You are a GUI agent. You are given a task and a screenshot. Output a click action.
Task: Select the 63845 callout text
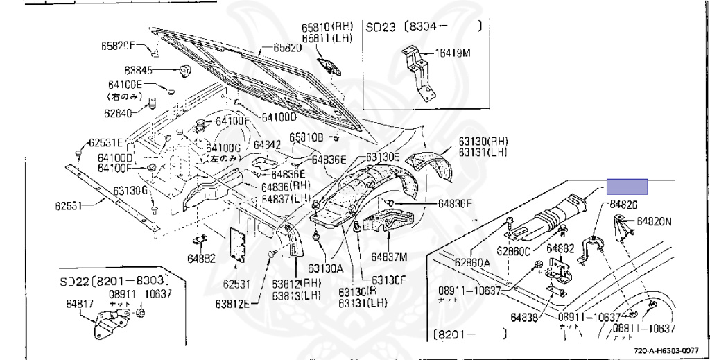point(138,70)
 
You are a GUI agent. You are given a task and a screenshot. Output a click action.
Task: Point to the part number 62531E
point(103,143)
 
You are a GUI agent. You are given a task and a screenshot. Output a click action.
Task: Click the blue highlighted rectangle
point(627,186)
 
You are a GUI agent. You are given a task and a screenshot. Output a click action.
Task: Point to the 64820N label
point(655,221)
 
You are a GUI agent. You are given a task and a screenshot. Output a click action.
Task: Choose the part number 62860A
point(473,263)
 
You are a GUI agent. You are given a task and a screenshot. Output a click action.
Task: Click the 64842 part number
point(267,145)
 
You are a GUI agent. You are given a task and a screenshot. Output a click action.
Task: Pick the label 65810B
point(306,137)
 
